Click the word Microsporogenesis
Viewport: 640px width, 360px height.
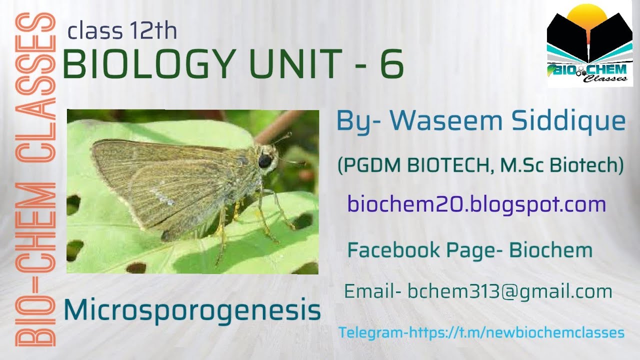pyautogui.click(x=192, y=310)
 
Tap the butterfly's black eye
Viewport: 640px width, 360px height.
pyautogui.click(x=264, y=160)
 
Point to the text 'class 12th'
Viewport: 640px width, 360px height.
pyautogui.click(x=122, y=31)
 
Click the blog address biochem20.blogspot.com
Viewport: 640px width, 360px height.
pyautogui.click(x=476, y=204)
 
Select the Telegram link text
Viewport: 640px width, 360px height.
pyautogui.click(x=481, y=332)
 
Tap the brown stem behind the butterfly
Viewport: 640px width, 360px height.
pyautogui.click(x=280, y=124)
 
